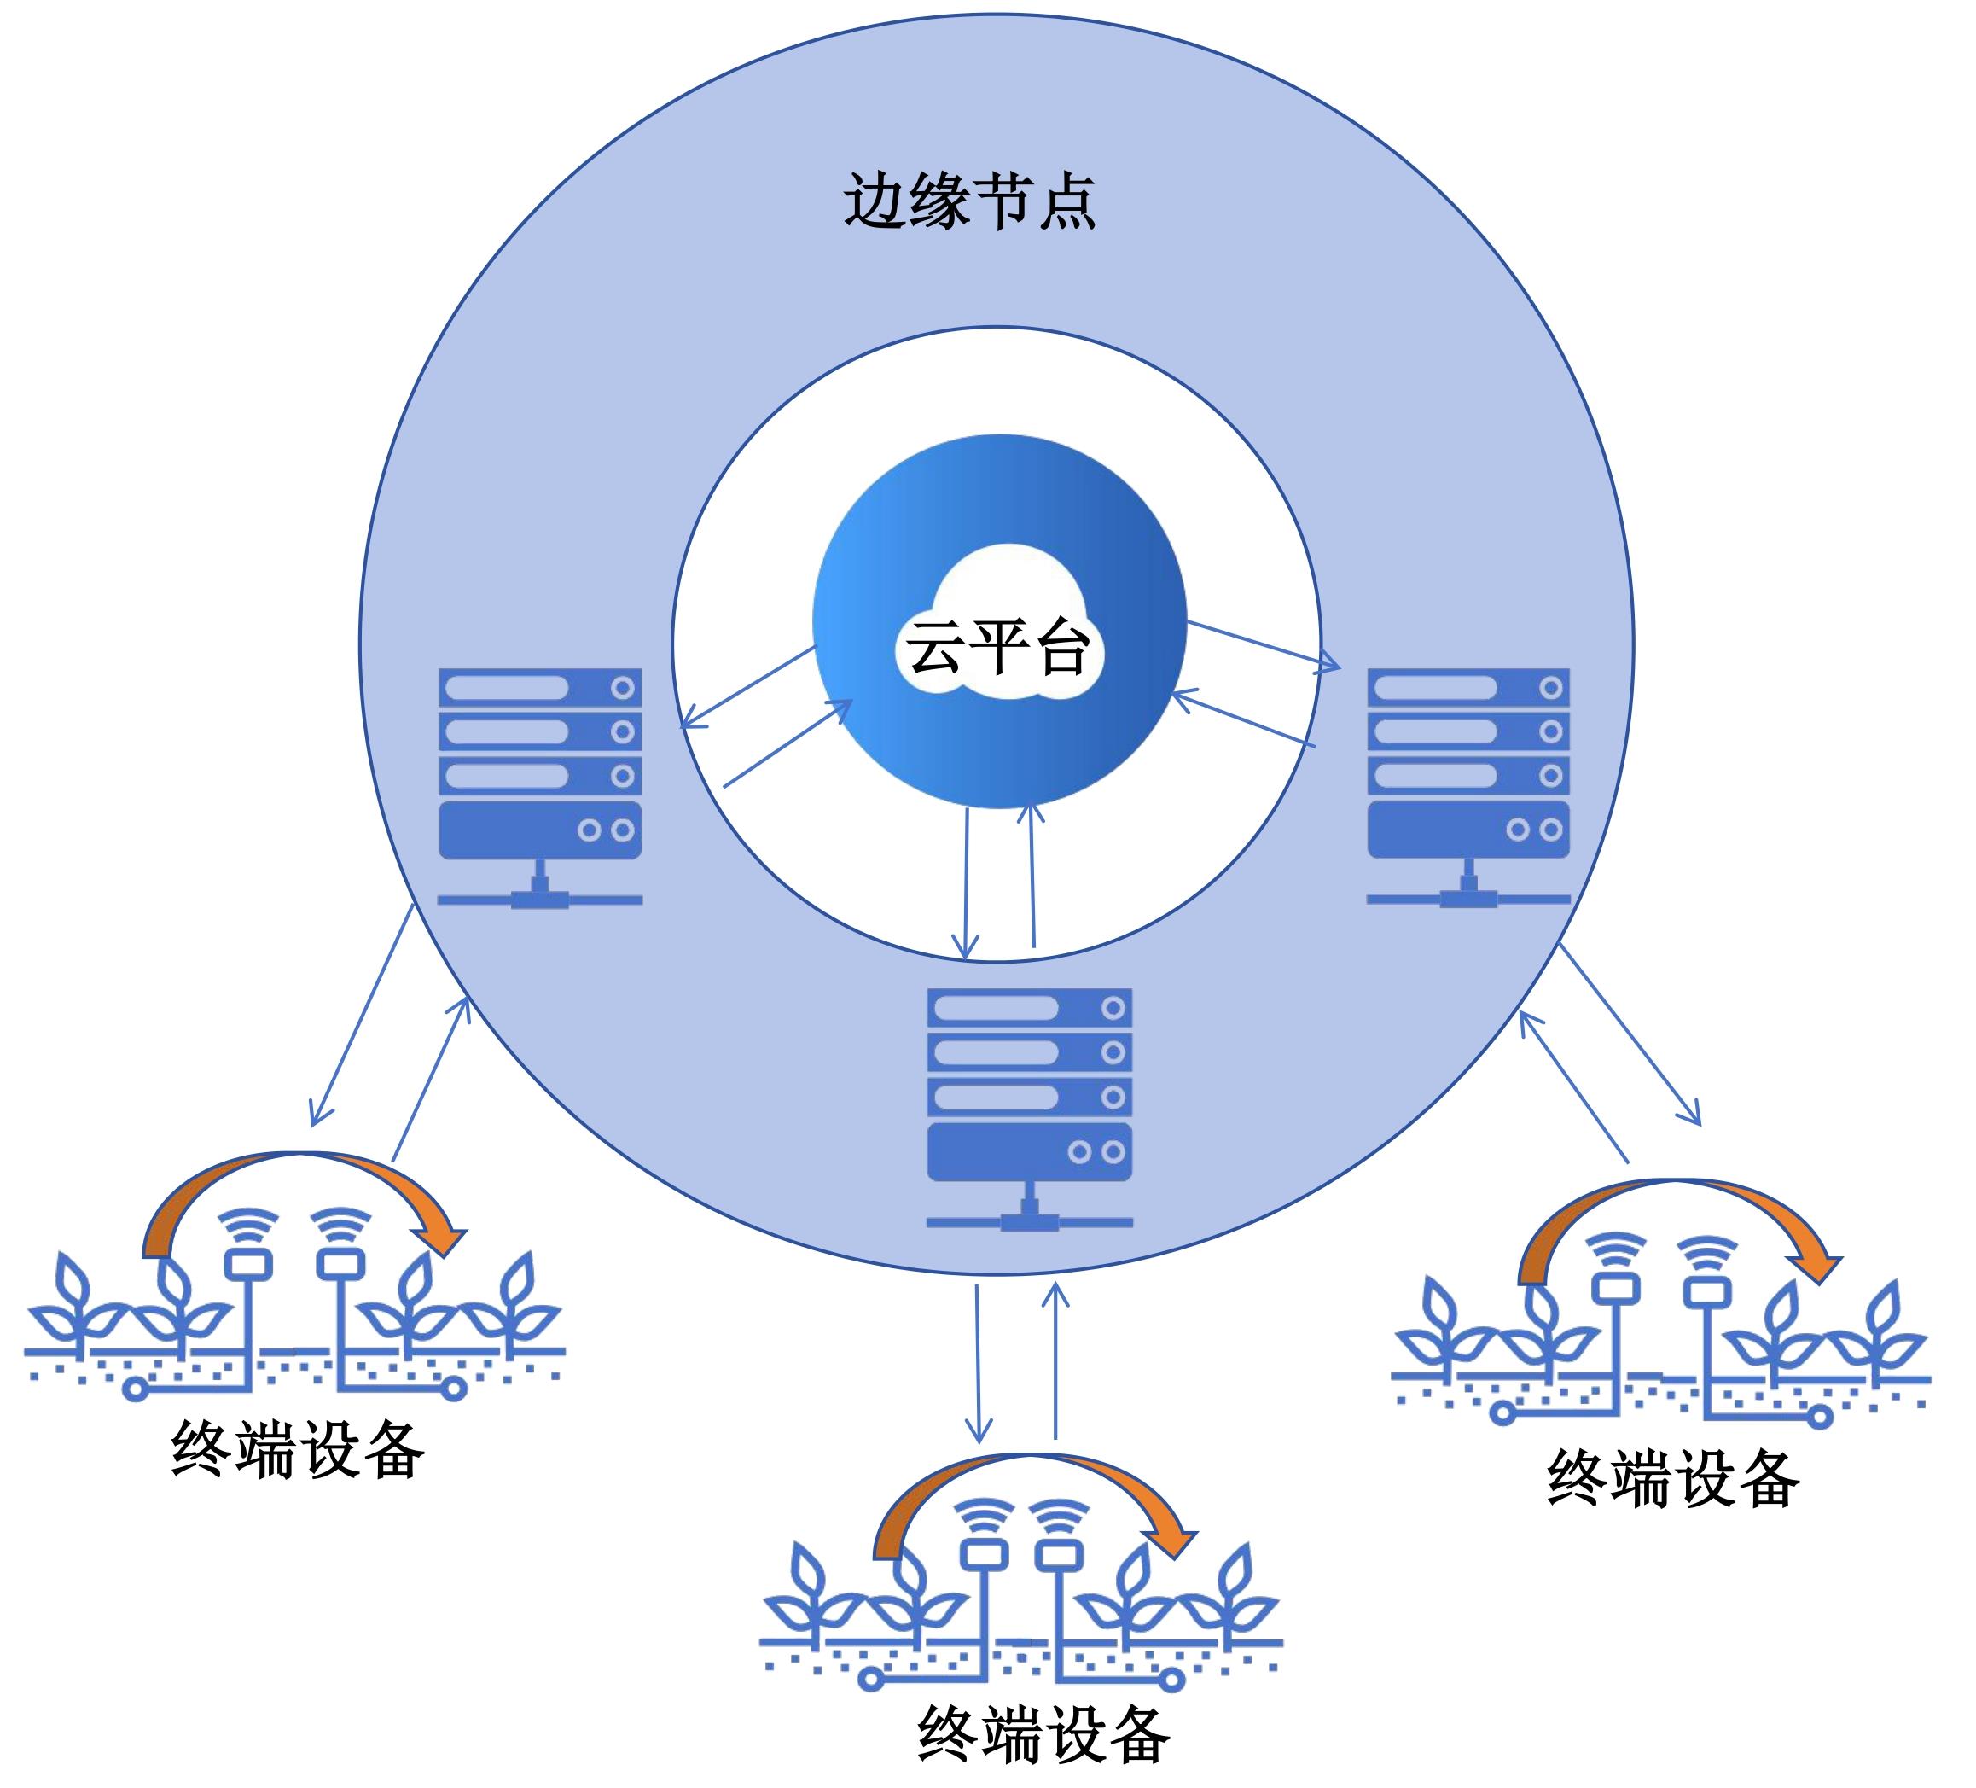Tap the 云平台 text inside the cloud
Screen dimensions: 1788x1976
coord(997,647)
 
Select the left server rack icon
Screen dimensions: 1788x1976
coord(539,784)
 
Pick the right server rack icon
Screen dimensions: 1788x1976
coord(1468,784)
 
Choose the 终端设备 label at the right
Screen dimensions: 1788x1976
coord(1673,1477)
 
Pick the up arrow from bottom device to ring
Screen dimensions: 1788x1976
coord(1055,1363)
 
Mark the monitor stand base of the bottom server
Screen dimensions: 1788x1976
coord(1029,1221)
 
